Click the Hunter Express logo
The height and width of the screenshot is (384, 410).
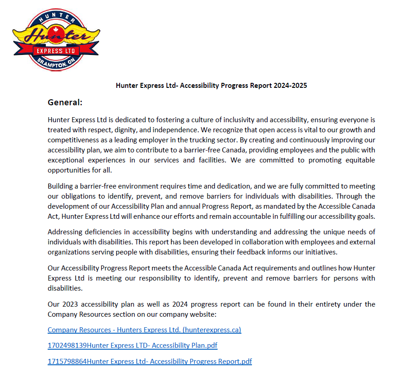click(x=56, y=40)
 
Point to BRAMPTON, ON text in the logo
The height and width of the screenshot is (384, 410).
click(x=56, y=63)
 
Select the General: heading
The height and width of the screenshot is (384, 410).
click(x=65, y=102)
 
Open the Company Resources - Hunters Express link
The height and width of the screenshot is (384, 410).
click(x=144, y=330)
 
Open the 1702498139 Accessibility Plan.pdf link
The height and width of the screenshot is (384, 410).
click(x=132, y=346)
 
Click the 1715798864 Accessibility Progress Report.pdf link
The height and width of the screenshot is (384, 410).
click(x=150, y=362)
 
